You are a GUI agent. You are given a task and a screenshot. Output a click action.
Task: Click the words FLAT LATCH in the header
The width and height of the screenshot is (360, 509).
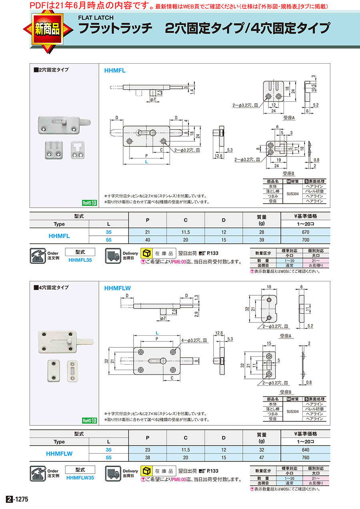tap(96, 18)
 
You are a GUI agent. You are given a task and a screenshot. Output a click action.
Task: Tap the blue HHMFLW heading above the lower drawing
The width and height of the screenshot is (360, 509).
tap(118, 288)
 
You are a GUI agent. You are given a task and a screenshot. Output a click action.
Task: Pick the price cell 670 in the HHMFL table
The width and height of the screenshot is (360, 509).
tap(306, 232)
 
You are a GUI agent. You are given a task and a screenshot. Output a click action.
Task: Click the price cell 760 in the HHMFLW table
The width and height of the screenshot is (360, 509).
tap(306, 457)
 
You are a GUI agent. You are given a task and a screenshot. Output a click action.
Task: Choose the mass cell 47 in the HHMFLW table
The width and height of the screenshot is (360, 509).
tap(262, 457)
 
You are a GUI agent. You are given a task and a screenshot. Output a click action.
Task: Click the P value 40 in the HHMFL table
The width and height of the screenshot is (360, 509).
tap(148, 240)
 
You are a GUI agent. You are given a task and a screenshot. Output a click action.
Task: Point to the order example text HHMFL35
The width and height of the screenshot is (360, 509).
tap(80, 260)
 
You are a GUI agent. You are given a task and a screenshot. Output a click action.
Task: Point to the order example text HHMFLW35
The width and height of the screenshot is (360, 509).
tap(80, 477)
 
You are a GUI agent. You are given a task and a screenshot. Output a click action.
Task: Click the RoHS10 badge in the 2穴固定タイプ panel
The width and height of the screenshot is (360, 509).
tap(90, 203)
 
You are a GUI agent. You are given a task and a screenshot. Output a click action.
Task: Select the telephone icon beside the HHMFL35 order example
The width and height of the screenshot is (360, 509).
tap(38, 256)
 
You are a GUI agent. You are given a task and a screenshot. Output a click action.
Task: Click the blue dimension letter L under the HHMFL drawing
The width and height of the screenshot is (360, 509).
tap(146, 162)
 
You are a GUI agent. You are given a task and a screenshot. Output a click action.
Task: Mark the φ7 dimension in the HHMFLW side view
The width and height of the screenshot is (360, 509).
tap(162, 318)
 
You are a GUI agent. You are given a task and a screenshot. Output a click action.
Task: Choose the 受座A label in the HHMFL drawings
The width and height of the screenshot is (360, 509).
tap(289, 118)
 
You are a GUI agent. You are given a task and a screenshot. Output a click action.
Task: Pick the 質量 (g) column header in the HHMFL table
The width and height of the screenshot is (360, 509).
tap(262, 220)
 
